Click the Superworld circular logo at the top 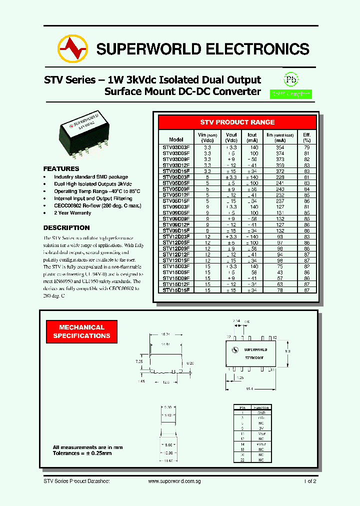point(72,49)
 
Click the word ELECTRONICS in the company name point(257,49)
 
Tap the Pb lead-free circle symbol point(290,79)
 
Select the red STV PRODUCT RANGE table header point(237,122)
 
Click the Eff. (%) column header point(306,137)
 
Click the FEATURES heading point(61,169)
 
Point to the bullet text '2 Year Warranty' point(72,213)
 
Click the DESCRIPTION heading point(66,228)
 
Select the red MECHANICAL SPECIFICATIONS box point(81,331)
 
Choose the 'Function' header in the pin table point(261,408)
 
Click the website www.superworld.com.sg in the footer point(174,481)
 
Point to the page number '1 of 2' point(310,481)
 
